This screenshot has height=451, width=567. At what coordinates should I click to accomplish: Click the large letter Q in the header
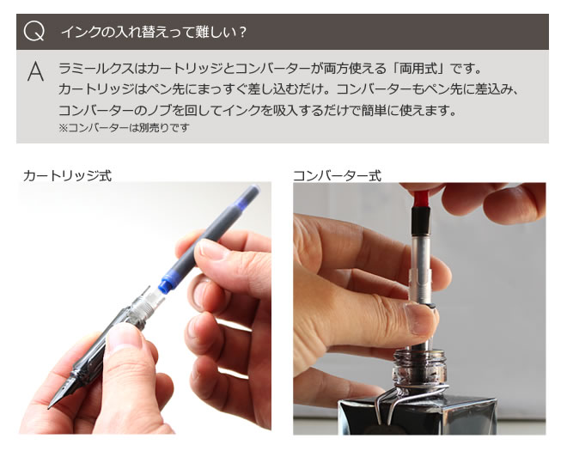34,32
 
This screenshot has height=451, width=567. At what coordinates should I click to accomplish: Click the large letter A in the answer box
35,71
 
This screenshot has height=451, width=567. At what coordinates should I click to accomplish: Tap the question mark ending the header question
242,32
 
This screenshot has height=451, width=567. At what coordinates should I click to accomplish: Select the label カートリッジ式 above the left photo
67,176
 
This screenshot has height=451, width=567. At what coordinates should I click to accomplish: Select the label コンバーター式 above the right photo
337,176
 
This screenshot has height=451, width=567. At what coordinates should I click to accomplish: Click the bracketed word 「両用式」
418,69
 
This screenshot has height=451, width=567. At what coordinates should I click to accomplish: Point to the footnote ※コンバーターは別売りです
124,128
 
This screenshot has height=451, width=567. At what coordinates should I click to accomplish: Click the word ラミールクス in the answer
96,69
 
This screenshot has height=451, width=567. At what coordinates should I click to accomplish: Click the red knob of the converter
421,198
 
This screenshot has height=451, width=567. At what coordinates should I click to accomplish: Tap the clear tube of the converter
421,249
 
